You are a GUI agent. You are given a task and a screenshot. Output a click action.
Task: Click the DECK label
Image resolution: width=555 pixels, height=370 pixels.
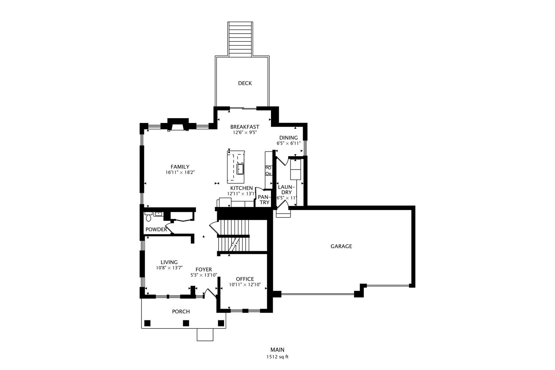pos(245,83)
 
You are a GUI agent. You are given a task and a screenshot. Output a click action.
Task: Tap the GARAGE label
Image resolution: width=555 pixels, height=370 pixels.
pos(341,246)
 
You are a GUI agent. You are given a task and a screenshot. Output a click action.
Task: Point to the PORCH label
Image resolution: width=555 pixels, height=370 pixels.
pos(181,311)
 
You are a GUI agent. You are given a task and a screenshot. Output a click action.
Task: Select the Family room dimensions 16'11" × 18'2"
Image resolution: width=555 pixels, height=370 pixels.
pos(180,172)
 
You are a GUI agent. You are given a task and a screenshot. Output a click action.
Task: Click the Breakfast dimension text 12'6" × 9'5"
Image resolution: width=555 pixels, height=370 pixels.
pos(245,133)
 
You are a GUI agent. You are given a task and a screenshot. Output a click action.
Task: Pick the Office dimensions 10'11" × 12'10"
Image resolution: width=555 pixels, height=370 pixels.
pos(245,285)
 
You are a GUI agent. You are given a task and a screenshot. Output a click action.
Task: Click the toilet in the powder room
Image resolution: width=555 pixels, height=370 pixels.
pos(148,217)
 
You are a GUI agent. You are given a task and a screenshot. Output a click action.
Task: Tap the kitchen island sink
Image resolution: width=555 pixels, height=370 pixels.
pos(240,169)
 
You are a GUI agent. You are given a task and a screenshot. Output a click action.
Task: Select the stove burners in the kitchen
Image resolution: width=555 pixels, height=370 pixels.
pos(268,170)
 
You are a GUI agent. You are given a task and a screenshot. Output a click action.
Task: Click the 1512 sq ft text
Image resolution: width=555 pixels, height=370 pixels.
pos(277,357)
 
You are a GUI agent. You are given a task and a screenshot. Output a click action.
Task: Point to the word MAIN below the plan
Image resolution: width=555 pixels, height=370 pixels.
pos(277,350)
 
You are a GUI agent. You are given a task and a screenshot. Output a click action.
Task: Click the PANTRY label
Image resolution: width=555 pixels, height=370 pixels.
pos(263,199)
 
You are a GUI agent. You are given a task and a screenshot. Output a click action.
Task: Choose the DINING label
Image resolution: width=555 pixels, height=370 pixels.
pos(288,138)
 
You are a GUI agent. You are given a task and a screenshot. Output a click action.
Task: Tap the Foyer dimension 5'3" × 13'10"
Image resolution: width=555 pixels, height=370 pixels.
pos(203,275)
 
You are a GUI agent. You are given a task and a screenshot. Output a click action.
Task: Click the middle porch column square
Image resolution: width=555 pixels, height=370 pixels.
pos(186,323)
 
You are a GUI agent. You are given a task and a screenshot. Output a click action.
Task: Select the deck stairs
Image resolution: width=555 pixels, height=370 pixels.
pos(241,39)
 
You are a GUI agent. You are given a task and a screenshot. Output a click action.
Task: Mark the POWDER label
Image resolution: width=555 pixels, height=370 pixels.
pos(156,230)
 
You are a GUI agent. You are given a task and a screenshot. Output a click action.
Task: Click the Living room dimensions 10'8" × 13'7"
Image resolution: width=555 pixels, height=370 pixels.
pos(169,268)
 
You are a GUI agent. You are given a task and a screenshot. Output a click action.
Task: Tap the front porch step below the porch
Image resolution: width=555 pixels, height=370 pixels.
pos(205,335)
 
